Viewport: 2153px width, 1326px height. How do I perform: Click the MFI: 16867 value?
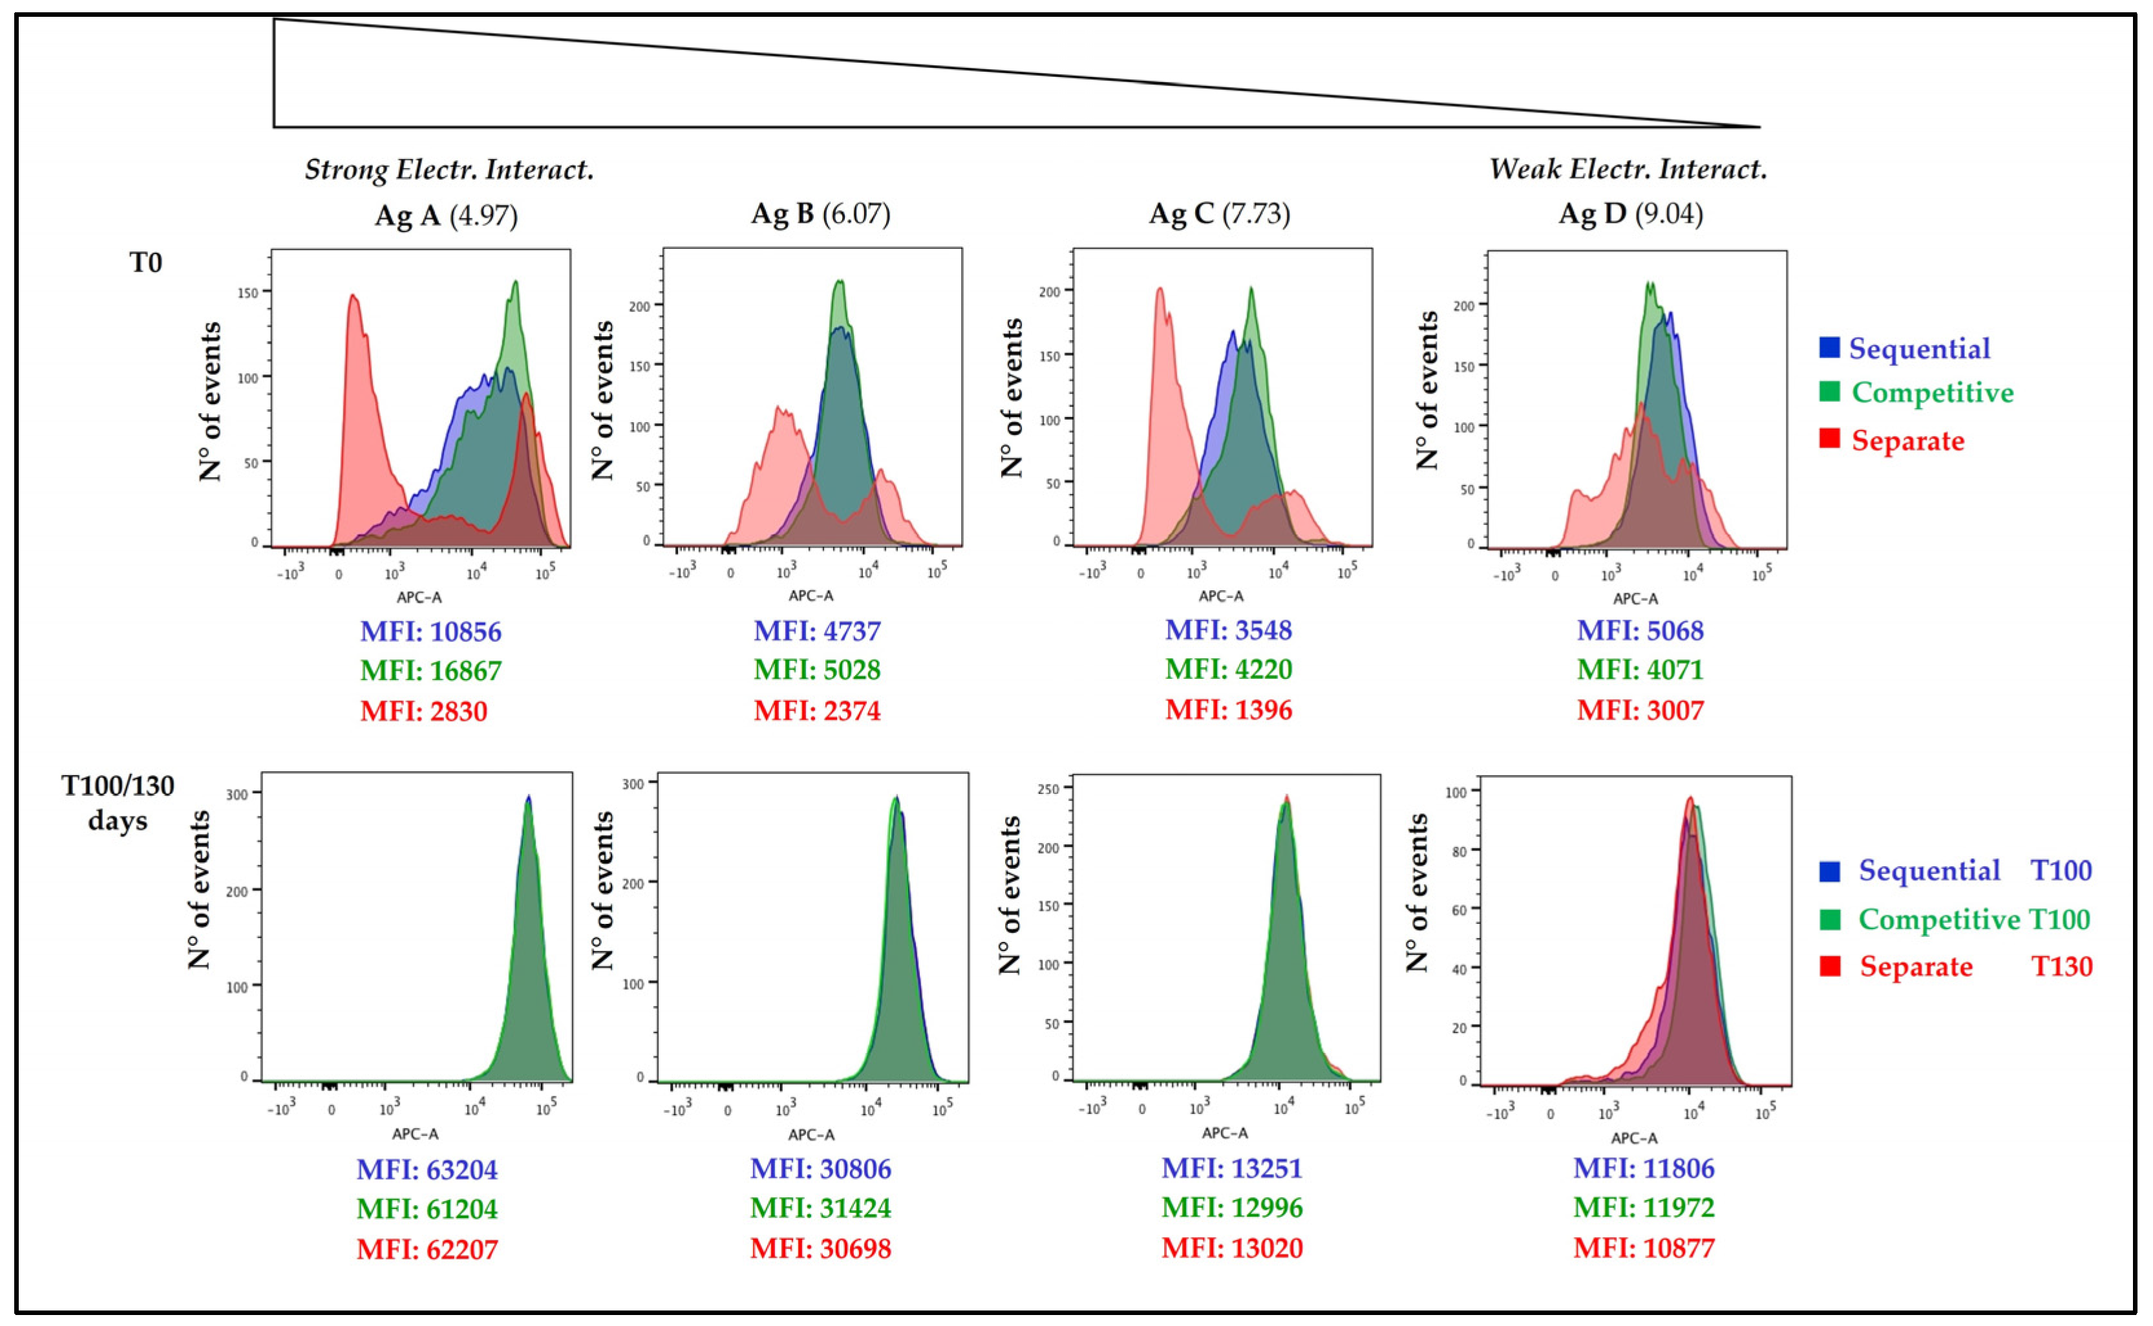[430, 671]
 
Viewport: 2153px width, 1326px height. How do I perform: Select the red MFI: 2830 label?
[423, 711]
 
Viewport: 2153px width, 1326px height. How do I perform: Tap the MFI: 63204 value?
[427, 1170]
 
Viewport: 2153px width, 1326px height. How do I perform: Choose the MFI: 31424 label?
[820, 1208]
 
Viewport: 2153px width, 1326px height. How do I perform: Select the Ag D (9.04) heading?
[1631, 214]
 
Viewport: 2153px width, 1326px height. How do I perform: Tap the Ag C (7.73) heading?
[1220, 214]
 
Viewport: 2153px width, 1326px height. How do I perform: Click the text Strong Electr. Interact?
[449, 169]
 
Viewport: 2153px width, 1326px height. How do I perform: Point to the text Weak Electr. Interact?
[1628, 168]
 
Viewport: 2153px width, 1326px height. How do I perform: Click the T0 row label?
[145, 262]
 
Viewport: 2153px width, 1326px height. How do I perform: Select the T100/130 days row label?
[118, 802]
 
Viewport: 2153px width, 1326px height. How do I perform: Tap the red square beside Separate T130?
[1830, 967]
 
